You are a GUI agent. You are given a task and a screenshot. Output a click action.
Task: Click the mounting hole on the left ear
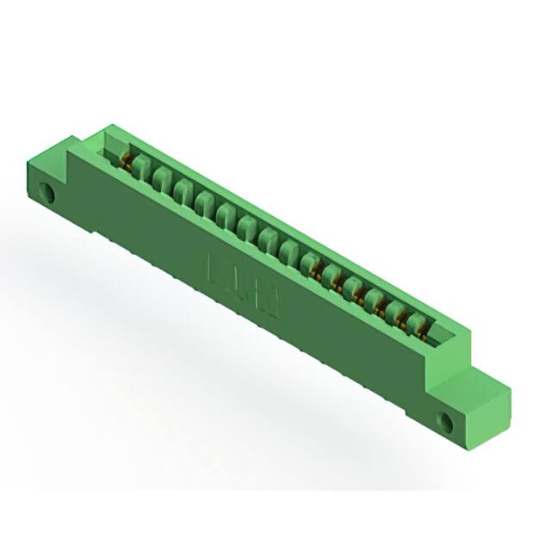pos(49,193)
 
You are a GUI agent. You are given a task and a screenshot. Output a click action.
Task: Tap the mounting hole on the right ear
pos(447,421)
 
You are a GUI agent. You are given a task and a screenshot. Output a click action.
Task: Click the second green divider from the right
pos(398,312)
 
